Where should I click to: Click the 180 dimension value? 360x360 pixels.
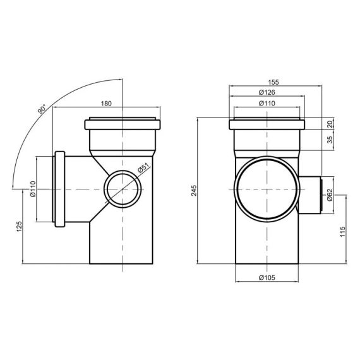click(x=107, y=103)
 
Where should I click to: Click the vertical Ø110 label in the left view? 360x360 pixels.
click(x=32, y=189)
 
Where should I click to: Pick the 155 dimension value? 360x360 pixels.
click(x=273, y=82)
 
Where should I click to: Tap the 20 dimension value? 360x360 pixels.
click(x=331, y=124)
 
